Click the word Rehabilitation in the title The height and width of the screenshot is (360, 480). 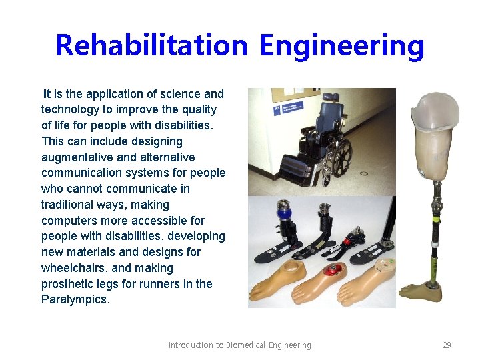(x=151, y=45)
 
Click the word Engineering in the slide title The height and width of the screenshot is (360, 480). (x=341, y=45)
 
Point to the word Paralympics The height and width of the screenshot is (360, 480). (x=75, y=299)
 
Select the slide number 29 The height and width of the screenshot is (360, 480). (x=447, y=345)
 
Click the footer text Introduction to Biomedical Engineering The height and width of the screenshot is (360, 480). (x=239, y=345)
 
